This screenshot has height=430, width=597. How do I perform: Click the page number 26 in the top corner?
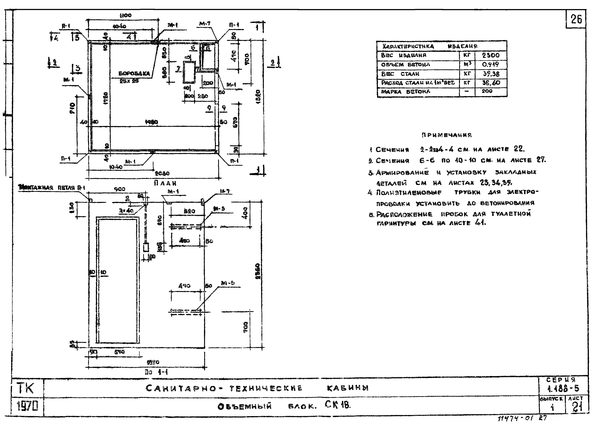click(x=576, y=19)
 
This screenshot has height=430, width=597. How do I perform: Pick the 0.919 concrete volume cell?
click(x=490, y=65)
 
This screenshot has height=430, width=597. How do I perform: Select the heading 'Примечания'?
click(x=447, y=135)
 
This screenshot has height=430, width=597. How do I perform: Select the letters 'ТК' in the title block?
click(x=26, y=388)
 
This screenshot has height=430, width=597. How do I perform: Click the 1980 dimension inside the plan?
click(x=151, y=122)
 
